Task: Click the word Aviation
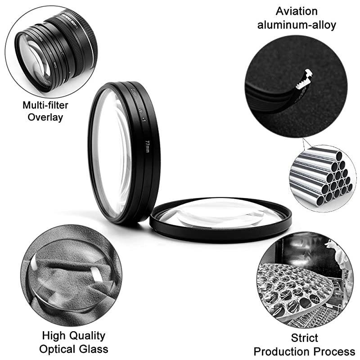(297, 11)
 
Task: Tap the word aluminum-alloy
(297, 25)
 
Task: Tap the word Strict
(304, 337)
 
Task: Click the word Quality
(85, 336)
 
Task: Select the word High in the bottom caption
(53, 336)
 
